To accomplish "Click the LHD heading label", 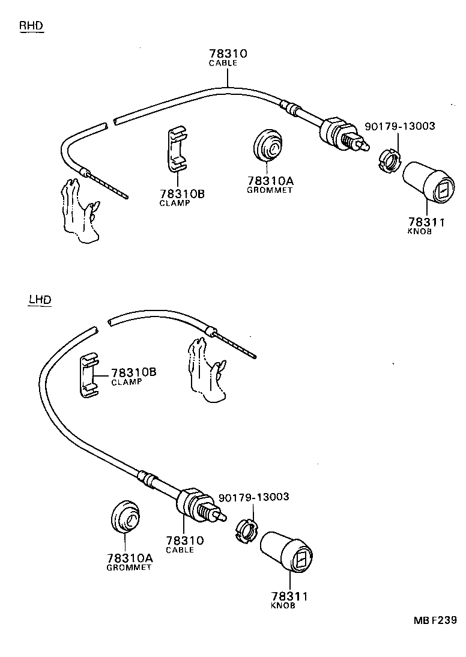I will pos(40,300).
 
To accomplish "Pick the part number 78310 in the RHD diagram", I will pos(228,53).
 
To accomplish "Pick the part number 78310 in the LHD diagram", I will pos(184,540).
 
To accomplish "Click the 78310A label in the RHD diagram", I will pos(270,181).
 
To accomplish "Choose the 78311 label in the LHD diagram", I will pos(289,596).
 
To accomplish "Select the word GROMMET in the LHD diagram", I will pos(129,568).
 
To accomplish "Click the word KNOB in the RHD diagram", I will pos(419,231).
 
